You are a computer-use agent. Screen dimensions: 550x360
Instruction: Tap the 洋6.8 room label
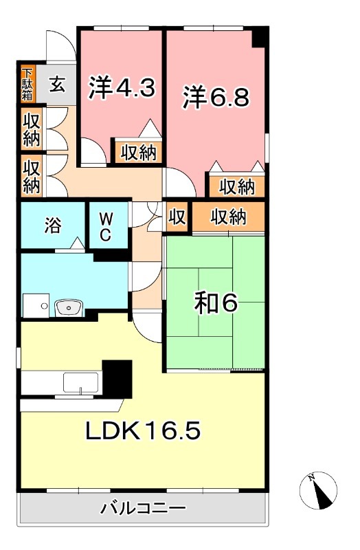215,97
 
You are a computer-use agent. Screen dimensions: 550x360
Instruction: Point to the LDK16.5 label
142,431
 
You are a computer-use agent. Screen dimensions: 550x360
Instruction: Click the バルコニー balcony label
143,509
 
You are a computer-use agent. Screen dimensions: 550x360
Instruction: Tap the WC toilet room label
106,227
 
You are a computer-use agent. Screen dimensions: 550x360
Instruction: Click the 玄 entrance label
58,86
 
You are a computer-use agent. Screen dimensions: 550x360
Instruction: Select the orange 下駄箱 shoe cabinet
27,84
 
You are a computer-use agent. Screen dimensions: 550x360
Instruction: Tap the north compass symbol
319,491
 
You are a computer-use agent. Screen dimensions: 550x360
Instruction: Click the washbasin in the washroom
67,308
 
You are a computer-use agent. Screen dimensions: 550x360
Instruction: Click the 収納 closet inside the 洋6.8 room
237,186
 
